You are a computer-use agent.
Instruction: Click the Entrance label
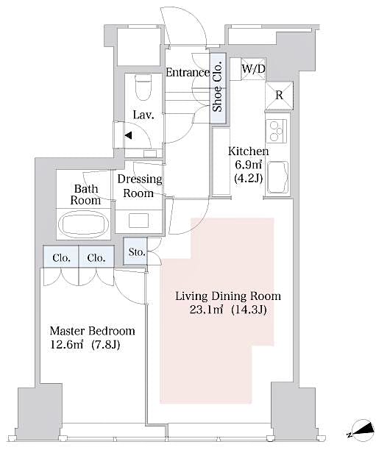(x=187, y=72)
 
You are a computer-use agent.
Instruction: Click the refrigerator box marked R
(x=280, y=94)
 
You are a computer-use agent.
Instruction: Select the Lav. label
(x=143, y=115)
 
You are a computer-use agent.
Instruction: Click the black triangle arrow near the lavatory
(x=128, y=135)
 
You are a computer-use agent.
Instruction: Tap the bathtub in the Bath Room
(x=82, y=223)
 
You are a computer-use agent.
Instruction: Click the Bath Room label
(x=85, y=194)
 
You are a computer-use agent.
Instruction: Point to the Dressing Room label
(x=138, y=186)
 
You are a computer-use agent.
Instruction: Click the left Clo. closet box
(x=61, y=257)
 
